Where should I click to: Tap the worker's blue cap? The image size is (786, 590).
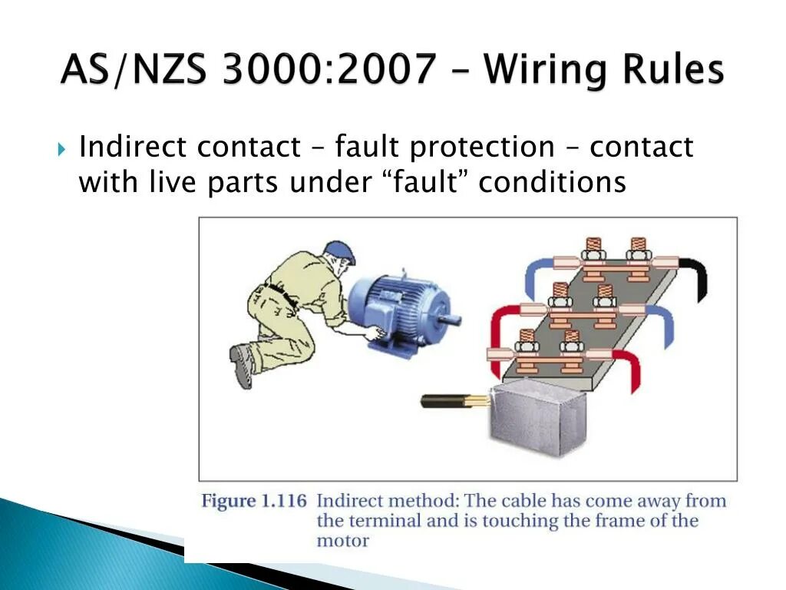340,250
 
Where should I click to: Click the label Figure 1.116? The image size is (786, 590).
253,502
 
